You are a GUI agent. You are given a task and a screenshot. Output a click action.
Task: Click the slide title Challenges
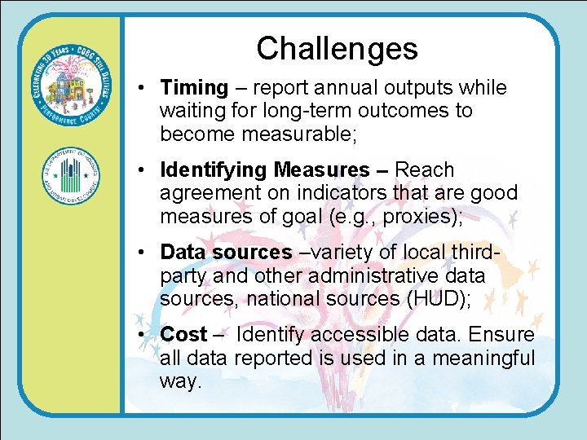[337, 48]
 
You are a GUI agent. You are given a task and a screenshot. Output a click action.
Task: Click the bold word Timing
[194, 88]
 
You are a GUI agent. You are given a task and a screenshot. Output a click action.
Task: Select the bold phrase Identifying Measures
[265, 170]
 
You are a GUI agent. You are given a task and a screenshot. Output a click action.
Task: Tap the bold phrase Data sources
[226, 253]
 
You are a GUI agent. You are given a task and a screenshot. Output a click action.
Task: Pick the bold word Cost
[183, 335]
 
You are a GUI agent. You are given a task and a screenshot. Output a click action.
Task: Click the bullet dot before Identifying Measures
[142, 171]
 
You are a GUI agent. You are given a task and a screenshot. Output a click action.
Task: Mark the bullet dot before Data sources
[142, 253]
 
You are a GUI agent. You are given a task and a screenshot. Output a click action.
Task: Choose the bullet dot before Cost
[142, 336]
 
